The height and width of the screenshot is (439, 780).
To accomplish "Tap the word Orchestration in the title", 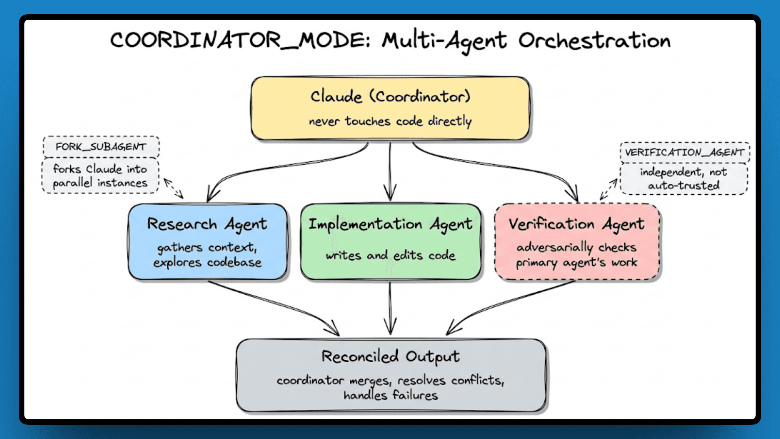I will coord(594,41).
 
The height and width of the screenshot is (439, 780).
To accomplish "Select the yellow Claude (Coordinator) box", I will coord(390,108).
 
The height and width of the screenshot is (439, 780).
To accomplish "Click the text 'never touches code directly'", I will coord(390,121).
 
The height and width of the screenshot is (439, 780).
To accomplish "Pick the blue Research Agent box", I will coord(208,241).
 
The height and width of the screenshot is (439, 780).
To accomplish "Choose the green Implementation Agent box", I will coord(390,241).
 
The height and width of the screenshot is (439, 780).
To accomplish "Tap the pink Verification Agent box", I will coord(577,241).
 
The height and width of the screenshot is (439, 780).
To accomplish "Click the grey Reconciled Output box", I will coord(391,375).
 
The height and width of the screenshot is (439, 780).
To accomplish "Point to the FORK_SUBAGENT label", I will coord(101,147).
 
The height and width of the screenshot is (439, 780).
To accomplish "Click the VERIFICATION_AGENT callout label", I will coord(685,152).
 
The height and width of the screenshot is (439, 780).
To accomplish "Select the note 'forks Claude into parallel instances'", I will coord(100,176).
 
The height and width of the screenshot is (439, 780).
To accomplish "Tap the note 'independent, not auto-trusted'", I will coord(684,178).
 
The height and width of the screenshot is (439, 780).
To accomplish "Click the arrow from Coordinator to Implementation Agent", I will coord(390,171).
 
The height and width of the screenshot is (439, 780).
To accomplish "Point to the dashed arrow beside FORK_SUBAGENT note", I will coord(173,188).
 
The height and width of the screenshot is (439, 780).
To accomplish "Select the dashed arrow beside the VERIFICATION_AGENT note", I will coord(609,189).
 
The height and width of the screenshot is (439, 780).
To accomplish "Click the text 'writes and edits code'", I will coord(390,255).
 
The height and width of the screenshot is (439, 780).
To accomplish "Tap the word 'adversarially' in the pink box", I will coord(555,247).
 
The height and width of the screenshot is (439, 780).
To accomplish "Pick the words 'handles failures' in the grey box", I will coord(390,395).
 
